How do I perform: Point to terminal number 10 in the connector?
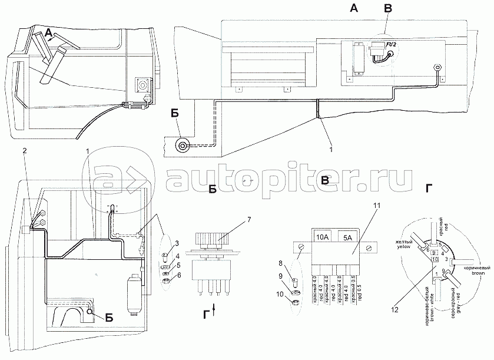point(435,259)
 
